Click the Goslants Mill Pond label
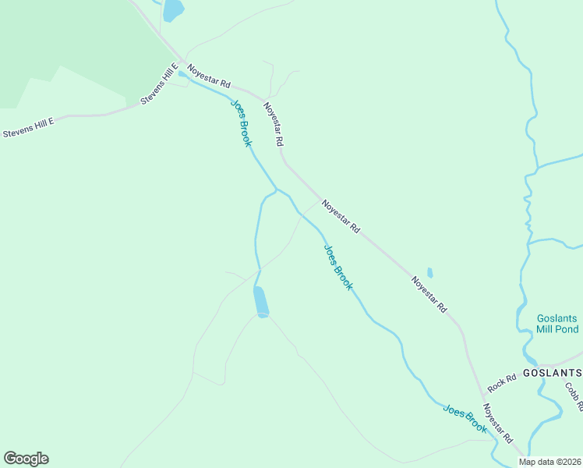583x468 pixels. click(x=557, y=324)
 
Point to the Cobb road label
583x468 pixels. click(x=575, y=396)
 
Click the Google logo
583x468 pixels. click(x=26, y=459)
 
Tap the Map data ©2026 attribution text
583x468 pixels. click(x=549, y=462)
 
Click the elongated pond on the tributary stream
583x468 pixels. click(x=260, y=301)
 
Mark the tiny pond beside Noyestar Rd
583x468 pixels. click(x=429, y=273)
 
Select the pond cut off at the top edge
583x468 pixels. click(x=172, y=10)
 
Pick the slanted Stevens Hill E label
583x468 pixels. click(x=160, y=85)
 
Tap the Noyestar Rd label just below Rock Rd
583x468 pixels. click(x=497, y=426)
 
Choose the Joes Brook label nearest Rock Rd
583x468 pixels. click(x=465, y=419)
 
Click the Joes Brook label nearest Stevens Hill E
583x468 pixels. click(x=241, y=123)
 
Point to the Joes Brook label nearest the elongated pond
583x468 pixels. click(x=338, y=268)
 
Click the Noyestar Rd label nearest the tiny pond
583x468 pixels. click(x=429, y=296)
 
